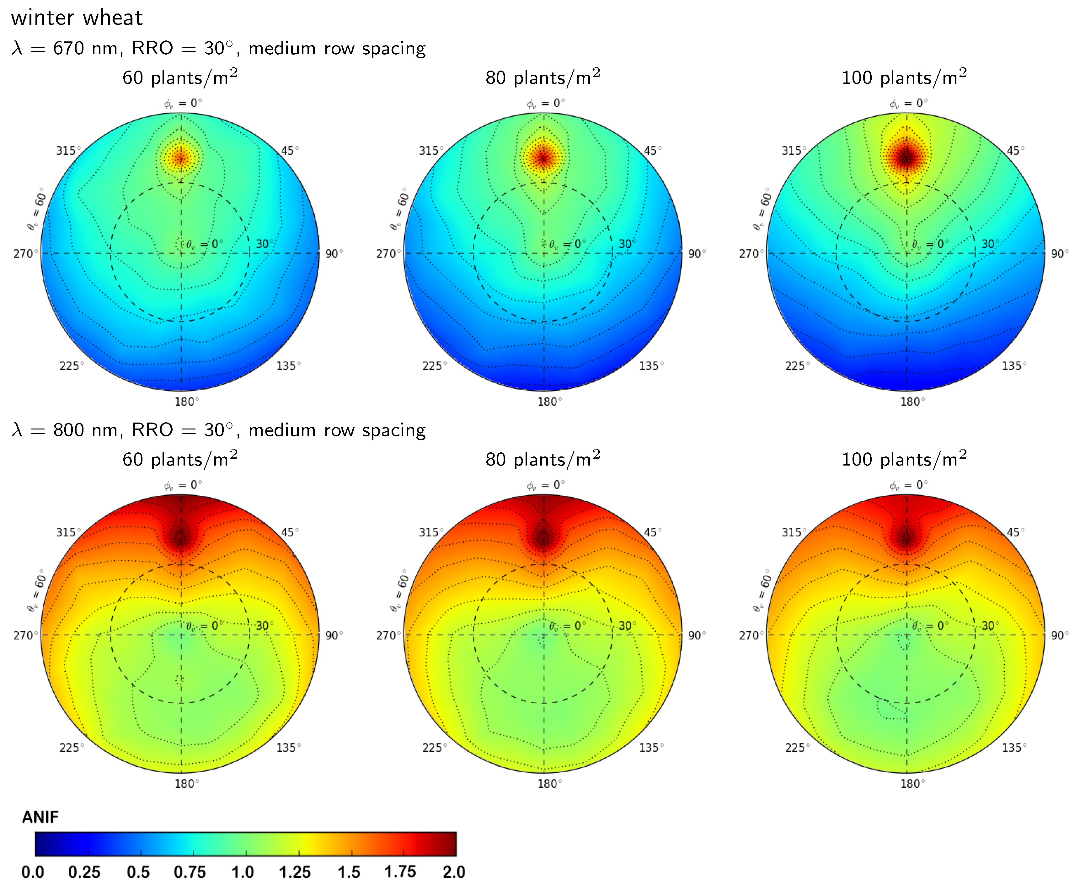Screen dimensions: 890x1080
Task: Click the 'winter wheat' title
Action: (77, 18)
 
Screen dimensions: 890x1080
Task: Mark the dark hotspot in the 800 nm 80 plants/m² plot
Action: (543, 538)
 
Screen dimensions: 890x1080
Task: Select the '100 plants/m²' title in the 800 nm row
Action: (904, 459)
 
